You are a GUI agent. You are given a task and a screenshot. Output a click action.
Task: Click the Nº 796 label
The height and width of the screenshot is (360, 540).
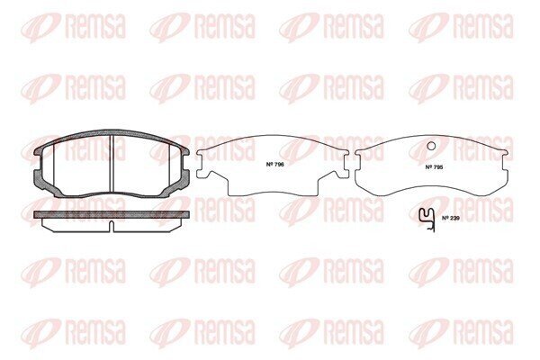274,165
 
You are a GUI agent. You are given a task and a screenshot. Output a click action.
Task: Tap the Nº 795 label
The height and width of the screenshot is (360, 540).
434,167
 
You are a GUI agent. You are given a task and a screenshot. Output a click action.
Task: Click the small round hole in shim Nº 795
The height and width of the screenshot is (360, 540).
431,146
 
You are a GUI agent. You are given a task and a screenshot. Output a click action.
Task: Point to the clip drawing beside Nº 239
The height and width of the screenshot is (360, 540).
427,220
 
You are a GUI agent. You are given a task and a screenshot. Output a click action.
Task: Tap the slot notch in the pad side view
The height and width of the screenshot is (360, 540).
112,226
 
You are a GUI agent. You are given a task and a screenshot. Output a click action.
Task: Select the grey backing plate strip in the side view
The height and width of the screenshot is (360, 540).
112,214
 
